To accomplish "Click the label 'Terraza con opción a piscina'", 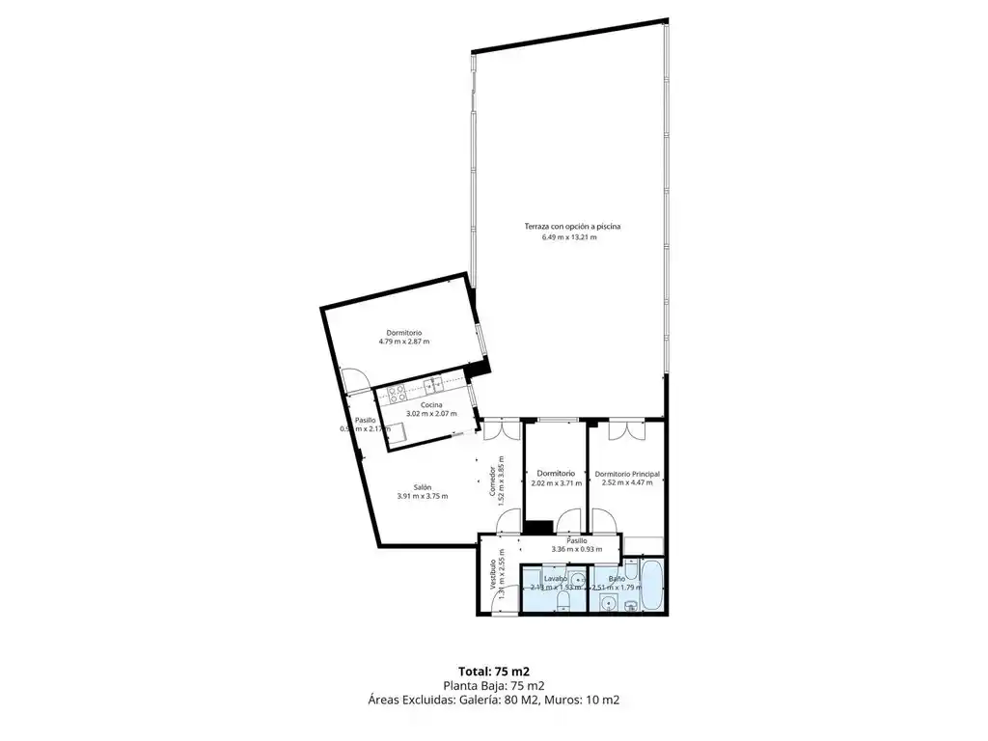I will pos(571,226).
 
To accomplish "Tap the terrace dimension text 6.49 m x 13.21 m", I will pos(569,236).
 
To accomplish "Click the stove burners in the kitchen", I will pos(396,393).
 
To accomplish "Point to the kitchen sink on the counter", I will pos(430,389).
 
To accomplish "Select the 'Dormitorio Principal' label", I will pos(627,474).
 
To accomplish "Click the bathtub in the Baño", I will pos(652,586).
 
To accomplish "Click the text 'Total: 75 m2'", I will pos(494,671).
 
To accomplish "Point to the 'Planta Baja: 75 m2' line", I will pos(494,685).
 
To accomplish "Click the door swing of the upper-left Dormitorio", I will pos(353,381).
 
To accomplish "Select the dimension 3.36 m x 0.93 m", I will pos(576,550).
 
